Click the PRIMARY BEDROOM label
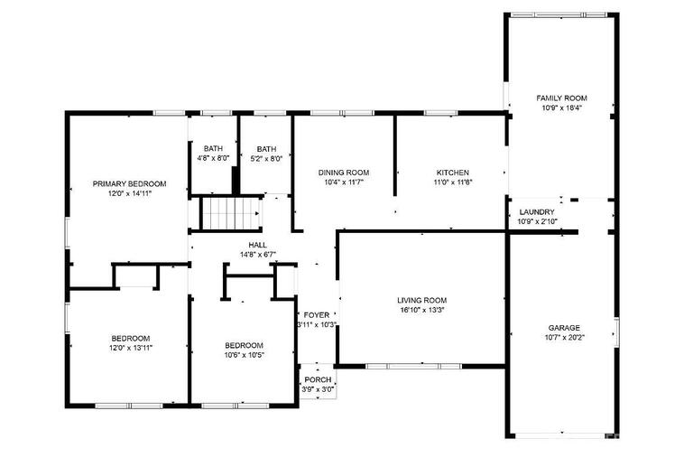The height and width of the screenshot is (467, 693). tap(130, 184)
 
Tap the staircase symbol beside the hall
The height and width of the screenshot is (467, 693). tap(230, 213)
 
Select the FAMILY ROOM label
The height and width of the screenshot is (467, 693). tap(562, 98)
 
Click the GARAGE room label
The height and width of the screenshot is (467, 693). tap(564, 328)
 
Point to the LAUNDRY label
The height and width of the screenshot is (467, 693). tap(537, 212)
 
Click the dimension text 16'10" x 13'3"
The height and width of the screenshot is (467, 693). tap(422, 310)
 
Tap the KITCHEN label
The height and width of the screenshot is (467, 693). tap(453, 173)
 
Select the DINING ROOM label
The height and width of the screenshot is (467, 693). tap(344, 173)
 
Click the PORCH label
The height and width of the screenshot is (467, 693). tap(318, 380)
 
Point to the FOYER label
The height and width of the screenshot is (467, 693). tap(317, 315)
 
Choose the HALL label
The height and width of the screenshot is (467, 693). tap(258, 245)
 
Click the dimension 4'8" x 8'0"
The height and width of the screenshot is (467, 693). tap(213, 158)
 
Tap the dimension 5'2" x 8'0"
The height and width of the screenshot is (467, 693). tap(266, 158)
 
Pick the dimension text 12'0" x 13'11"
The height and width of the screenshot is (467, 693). tap(131, 348)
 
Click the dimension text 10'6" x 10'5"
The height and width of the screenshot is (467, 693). tap(244, 355)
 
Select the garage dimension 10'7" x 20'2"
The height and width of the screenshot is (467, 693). tap(565, 338)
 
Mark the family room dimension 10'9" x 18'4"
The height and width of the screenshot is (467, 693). tap(562, 107)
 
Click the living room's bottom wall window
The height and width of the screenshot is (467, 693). tap(413, 366)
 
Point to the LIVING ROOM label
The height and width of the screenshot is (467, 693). tap(421, 301)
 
